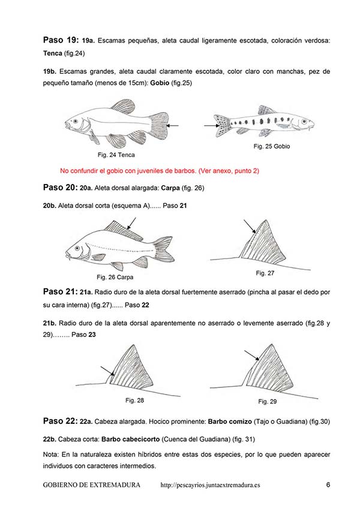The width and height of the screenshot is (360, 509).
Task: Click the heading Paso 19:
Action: [60, 40]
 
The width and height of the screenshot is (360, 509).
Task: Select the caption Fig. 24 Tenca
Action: [116, 155]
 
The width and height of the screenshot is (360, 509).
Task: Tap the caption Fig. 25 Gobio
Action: [273, 146]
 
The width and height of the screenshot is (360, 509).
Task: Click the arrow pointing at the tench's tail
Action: [173, 125]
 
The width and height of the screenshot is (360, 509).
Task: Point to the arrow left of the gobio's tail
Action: [209, 125]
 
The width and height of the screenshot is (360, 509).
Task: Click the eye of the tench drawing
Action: [76, 121]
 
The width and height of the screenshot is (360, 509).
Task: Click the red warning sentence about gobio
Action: [160, 170]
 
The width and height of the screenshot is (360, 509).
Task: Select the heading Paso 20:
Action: [60, 187]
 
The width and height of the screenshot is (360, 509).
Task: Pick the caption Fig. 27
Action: [265, 273]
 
